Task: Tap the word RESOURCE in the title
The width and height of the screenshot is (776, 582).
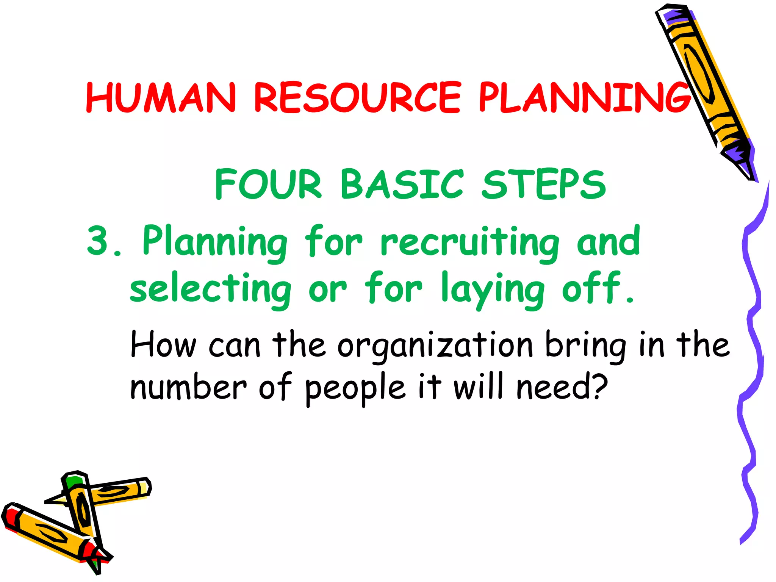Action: point(357,97)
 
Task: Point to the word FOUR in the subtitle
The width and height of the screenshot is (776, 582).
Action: point(268,185)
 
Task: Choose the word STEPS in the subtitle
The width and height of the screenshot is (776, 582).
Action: point(543,185)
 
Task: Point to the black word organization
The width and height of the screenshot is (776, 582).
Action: point(435,346)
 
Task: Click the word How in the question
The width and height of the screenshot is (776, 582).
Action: point(163,345)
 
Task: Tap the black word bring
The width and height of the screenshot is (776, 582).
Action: point(585,346)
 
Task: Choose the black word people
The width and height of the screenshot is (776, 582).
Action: point(355,388)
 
